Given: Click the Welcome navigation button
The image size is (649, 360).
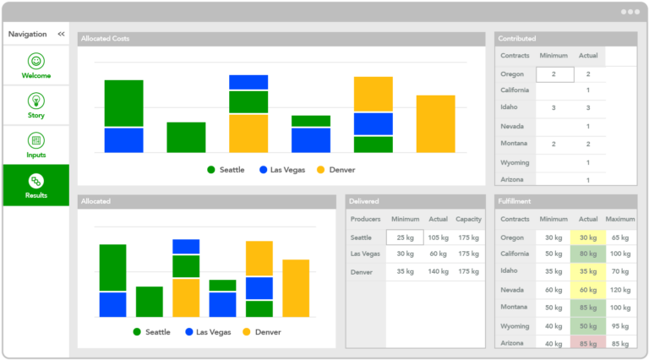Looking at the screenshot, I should pos(35,66).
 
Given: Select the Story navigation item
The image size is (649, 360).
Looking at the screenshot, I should pos(35,106).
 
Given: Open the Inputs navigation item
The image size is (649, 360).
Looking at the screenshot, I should pos(35,145).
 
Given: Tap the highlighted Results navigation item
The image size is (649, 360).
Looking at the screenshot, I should pos(35,185).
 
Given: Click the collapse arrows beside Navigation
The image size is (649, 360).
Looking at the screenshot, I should pos(61,34).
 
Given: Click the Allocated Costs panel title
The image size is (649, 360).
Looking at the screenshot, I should pos(104,39).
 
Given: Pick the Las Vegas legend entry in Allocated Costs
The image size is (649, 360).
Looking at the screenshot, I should pos(283,170).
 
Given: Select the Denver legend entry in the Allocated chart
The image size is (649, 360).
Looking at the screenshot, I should pos(262,332).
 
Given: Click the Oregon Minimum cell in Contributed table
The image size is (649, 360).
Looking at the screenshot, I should pos(554,74).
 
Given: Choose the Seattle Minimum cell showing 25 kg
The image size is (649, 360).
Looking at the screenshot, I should pos(405,237).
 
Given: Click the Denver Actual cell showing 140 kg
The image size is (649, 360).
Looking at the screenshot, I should pos(438,271).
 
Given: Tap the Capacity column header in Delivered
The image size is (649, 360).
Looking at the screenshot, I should pos(468,219).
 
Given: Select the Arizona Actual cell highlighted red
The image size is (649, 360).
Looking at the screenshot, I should pos(588,343).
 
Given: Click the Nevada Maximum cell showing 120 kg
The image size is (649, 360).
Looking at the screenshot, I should pos(620,290).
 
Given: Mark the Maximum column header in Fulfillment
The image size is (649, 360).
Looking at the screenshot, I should pos(620,219).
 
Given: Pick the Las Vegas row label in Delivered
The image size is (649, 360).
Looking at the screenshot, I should pos(365,254).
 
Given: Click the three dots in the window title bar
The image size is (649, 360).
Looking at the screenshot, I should pos(630,12).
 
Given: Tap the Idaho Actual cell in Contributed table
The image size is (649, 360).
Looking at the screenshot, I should pos(588,108).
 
